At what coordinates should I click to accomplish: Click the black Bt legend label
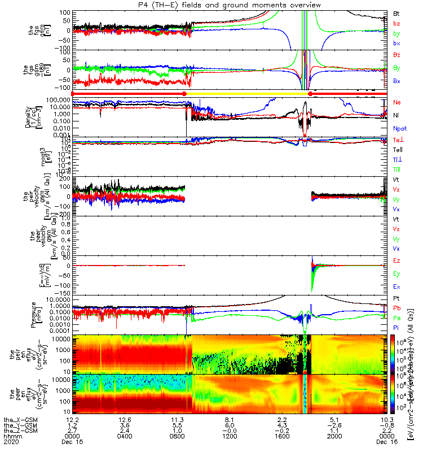(396, 13)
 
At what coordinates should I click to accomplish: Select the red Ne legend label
(397, 102)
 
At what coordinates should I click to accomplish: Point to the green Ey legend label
(397, 273)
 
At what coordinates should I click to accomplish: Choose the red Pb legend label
(397, 307)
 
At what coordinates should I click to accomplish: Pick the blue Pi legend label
(396, 327)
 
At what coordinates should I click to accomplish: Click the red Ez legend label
(397, 260)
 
